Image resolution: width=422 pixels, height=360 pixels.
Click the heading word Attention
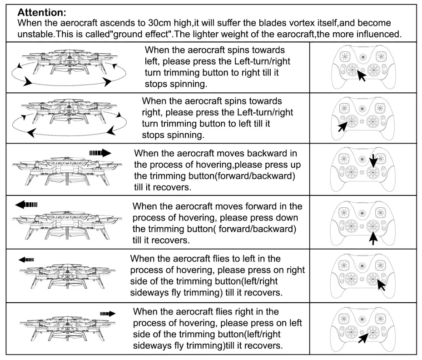[x=38, y=13]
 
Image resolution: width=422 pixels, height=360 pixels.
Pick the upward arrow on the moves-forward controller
[x=373, y=236]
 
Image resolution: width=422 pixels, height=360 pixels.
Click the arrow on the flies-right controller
[x=362, y=338]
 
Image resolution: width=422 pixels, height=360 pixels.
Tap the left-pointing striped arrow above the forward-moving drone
[x=26, y=205]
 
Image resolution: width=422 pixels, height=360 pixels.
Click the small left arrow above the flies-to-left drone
[x=26, y=260]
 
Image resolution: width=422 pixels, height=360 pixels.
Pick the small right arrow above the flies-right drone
[x=108, y=313]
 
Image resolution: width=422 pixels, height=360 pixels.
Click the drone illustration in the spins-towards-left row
[x=68, y=68]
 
